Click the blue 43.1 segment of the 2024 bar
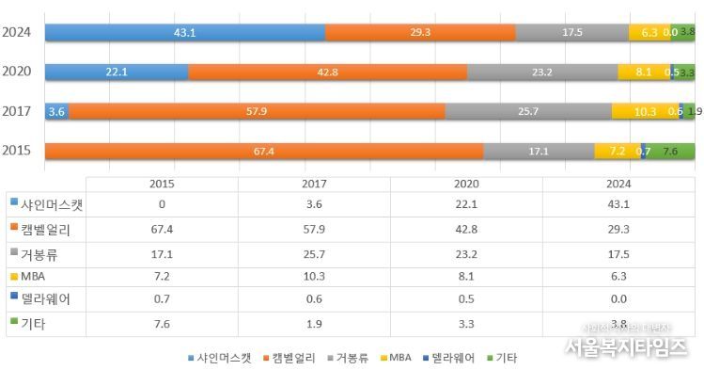coord(184,32)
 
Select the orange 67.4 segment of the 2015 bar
coord(264,151)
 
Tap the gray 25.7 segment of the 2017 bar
coord(528,111)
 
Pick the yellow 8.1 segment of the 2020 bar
coord(643,72)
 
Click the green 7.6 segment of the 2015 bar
coord(671,151)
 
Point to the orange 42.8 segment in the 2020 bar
coord(327,72)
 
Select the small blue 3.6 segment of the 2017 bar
coord(56,111)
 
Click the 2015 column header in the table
coord(163,184)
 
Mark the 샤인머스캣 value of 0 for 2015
coord(163,204)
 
